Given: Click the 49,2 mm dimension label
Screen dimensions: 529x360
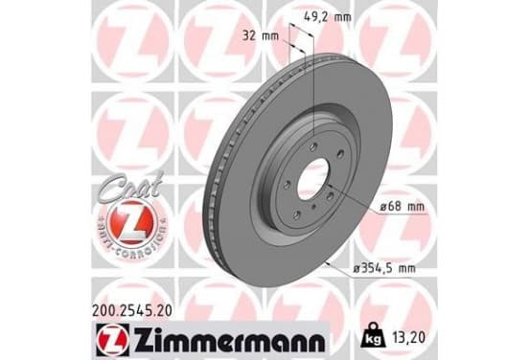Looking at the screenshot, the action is point(327,16).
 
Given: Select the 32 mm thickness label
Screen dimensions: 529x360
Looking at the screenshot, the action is point(261,35).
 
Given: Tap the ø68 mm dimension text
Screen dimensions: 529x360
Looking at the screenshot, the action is point(402,206).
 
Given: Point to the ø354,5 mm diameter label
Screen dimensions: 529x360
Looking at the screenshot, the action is point(383,269).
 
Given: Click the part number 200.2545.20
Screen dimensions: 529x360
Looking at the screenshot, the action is point(132,310).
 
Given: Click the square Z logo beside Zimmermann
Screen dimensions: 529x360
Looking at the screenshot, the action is point(112,340).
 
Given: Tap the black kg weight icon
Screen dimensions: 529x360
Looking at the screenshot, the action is point(373,335).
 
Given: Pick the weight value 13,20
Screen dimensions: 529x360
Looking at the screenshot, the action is point(408,338).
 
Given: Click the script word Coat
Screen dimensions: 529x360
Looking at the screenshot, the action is point(131,188).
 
